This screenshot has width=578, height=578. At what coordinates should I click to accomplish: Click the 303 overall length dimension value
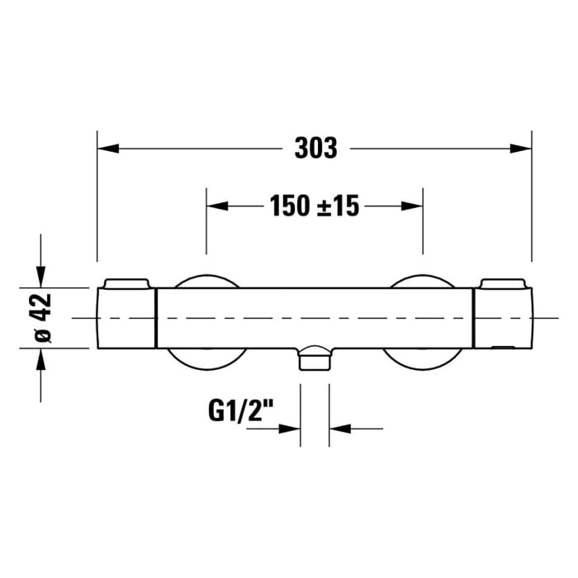(x=316, y=148)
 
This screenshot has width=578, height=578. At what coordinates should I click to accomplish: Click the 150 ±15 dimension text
(x=314, y=206)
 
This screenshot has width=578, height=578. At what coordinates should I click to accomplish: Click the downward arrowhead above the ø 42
(x=40, y=277)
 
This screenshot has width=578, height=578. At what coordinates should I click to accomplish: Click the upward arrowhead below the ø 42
(x=40, y=359)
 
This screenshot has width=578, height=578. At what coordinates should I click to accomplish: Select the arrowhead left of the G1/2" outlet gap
(x=290, y=429)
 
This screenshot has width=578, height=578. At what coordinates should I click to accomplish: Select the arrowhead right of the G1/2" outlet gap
(x=339, y=429)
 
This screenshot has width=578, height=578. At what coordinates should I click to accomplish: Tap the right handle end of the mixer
(x=503, y=318)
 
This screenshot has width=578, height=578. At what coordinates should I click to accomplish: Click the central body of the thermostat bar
(x=315, y=318)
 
